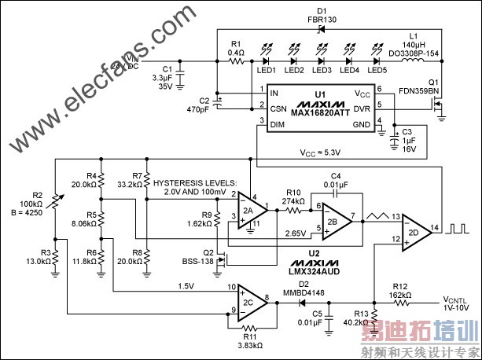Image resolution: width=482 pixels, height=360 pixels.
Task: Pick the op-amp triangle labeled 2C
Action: click(252, 300)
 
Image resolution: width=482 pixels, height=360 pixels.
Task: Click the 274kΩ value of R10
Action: click(293, 200)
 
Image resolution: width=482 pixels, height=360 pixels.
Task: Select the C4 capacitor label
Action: click(335, 174)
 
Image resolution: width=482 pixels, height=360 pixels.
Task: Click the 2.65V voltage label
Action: click(296, 233)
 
